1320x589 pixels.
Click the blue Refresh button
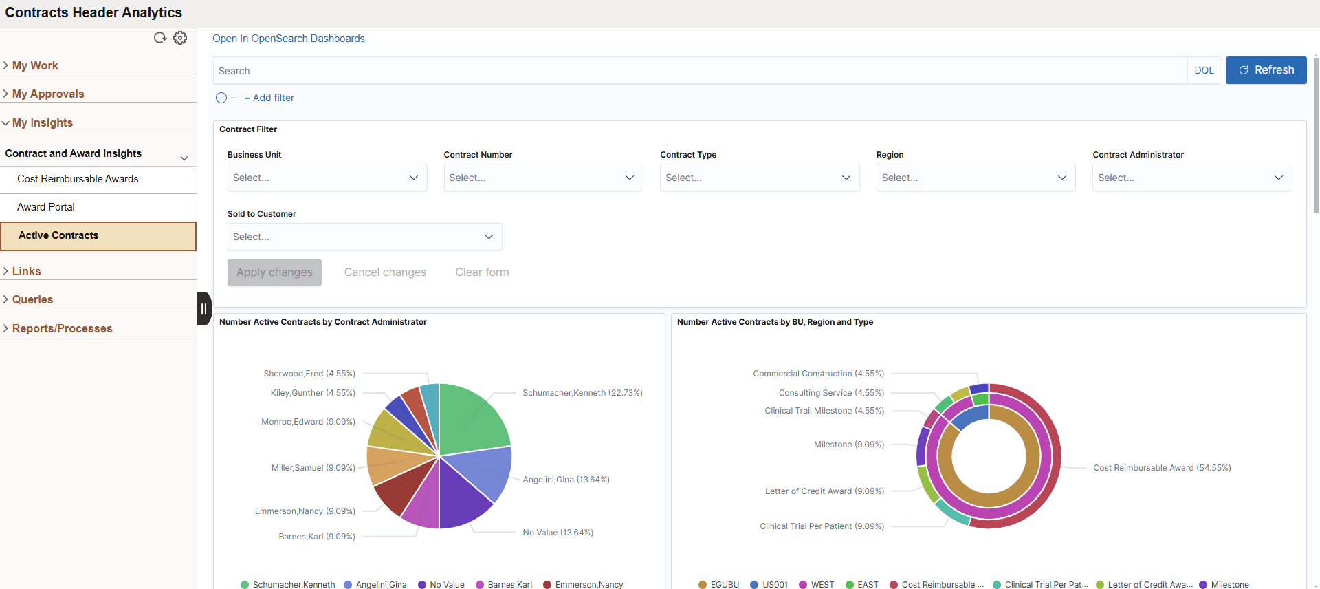pyautogui.click(x=1266, y=70)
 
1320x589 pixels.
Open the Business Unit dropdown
pyautogui.click(x=327, y=178)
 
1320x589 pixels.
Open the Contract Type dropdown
pyautogui.click(x=759, y=178)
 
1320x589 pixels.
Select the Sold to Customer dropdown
pyautogui.click(x=364, y=237)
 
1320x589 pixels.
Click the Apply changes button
pyautogui.click(x=274, y=272)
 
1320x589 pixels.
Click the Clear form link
pyautogui.click(x=482, y=272)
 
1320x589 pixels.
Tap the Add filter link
pyautogui.click(x=269, y=98)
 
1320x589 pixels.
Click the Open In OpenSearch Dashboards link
pyautogui.click(x=289, y=39)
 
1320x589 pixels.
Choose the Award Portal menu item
pyautogui.click(x=46, y=207)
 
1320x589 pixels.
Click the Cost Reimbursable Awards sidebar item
pyautogui.click(x=78, y=179)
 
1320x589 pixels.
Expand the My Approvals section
pyautogui.click(x=48, y=94)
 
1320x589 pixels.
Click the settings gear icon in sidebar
pyautogui.click(x=180, y=38)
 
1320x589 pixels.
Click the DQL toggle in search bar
pyautogui.click(x=1204, y=70)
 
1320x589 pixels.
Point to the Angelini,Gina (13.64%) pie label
pyautogui.click(x=566, y=480)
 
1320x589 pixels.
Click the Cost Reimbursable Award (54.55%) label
pyautogui.click(x=1162, y=468)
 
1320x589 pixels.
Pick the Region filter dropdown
pyautogui.click(x=976, y=178)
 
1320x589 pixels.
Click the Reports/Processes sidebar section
pyautogui.click(x=62, y=328)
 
